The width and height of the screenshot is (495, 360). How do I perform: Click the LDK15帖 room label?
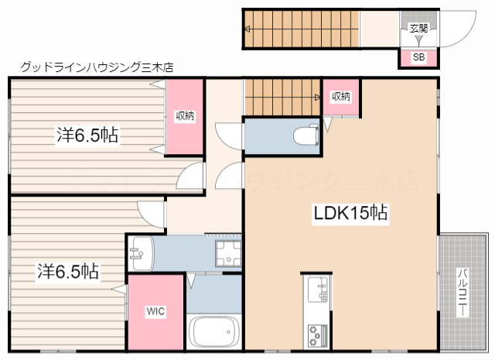click(350, 214)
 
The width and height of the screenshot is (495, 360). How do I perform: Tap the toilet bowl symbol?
click(306, 135)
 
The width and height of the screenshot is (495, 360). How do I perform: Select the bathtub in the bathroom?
click(214, 332)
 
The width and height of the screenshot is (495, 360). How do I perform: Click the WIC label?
click(155, 311)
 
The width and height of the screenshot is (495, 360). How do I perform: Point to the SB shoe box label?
click(418, 57)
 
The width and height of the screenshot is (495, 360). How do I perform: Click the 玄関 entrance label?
click(418, 29)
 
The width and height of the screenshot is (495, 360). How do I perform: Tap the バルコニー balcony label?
click(463, 293)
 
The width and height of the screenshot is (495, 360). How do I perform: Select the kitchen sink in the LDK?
click(318, 289)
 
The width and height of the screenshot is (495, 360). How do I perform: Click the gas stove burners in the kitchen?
click(318, 335)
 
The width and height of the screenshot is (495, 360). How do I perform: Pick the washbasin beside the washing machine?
click(141, 253)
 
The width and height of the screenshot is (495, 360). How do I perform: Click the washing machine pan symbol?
click(228, 253)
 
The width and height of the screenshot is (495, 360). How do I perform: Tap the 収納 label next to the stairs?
click(341, 97)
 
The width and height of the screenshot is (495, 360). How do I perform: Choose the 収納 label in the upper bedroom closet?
click(185, 116)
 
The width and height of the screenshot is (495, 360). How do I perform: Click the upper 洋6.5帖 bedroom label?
click(87, 135)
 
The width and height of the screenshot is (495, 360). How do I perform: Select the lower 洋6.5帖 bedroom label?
click(68, 271)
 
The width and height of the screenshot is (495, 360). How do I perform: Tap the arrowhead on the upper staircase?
click(247, 29)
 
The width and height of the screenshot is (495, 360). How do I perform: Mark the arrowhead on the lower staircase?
click(317, 98)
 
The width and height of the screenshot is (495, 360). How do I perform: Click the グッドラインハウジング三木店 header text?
click(97, 67)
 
